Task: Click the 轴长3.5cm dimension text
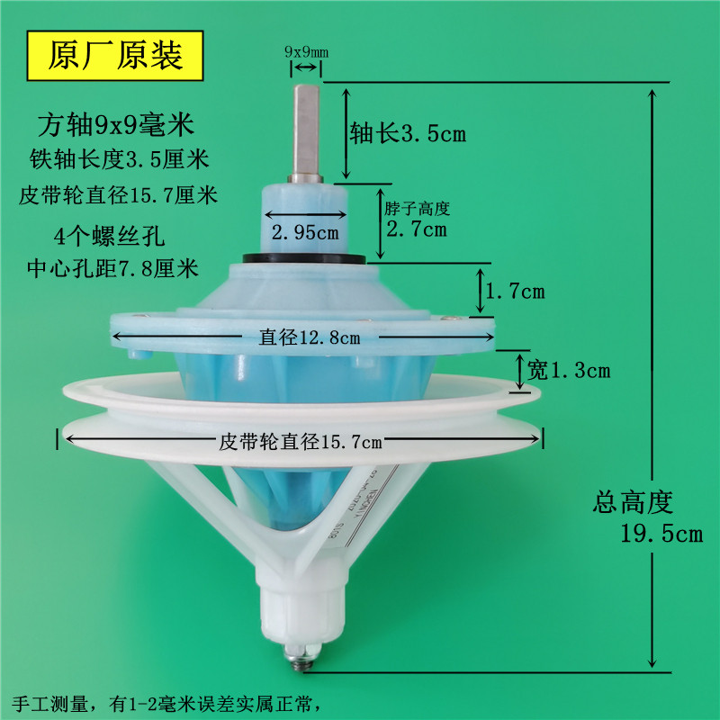point(408,135)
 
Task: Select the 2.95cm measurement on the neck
point(305,232)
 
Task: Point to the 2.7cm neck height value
point(416,229)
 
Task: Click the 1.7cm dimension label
point(514,292)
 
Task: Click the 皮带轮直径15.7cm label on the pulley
point(301,441)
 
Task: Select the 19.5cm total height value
point(661,534)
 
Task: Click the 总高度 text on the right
point(633,502)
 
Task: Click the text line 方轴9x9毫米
point(116,121)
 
